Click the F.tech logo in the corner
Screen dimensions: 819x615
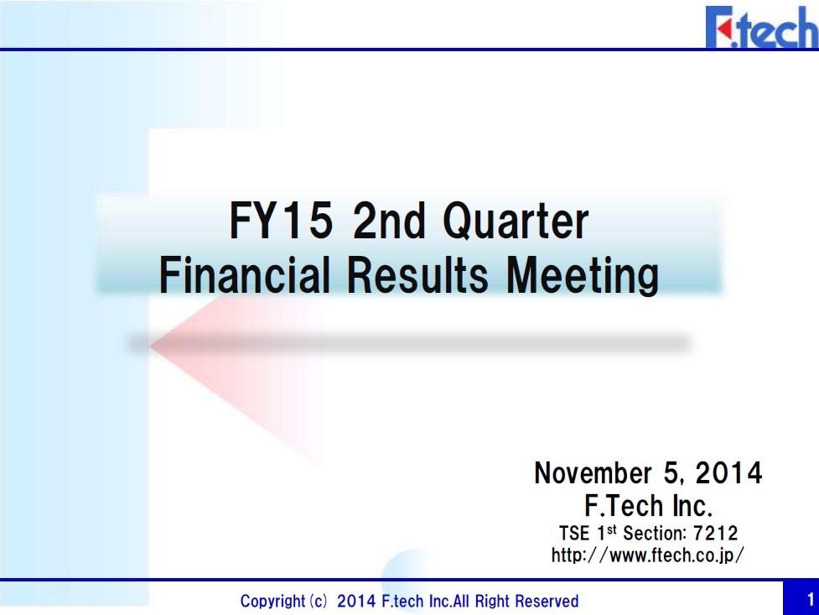tap(762, 27)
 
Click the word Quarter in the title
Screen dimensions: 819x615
tap(516, 221)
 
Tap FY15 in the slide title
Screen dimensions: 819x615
tap(281, 221)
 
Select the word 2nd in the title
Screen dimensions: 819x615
tap(389, 221)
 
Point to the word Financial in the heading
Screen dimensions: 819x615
tap(245, 275)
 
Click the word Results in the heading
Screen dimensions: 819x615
tap(417, 275)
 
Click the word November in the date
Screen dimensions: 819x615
tap(593, 472)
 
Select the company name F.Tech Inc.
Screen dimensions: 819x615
tap(648, 506)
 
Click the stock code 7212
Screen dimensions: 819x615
tap(715, 534)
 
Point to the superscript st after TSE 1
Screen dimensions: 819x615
tap(611, 529)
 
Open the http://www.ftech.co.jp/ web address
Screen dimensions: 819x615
tap(648, 555)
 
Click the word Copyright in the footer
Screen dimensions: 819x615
tap(272, 601)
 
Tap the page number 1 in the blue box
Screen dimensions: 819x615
tap(811, 599)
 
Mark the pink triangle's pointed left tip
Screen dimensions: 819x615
tap(150, 345)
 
